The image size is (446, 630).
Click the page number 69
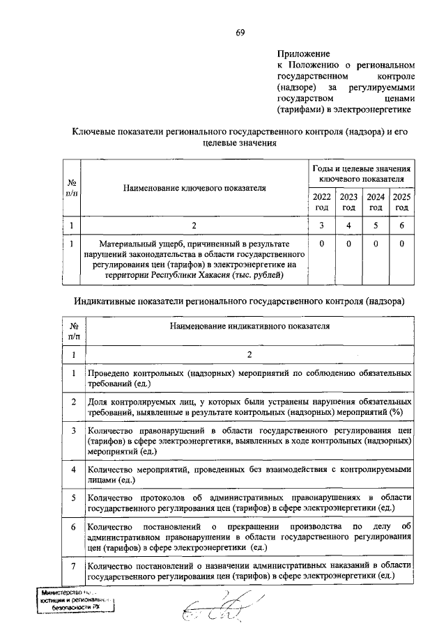click(240, 33)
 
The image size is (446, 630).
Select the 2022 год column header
click(321, 202)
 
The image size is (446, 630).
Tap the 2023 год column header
click(348, 202)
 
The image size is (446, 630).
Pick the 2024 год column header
click(376, 202)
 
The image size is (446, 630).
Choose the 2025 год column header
click(402, 202)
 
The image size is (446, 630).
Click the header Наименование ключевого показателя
click(195, 187)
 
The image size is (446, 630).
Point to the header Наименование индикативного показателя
click(248, 325)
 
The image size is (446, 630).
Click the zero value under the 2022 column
click(321, 244)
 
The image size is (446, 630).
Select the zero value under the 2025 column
click(402, 244)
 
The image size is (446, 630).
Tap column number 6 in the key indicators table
click(402, 225)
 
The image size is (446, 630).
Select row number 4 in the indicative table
click(74, 470)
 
